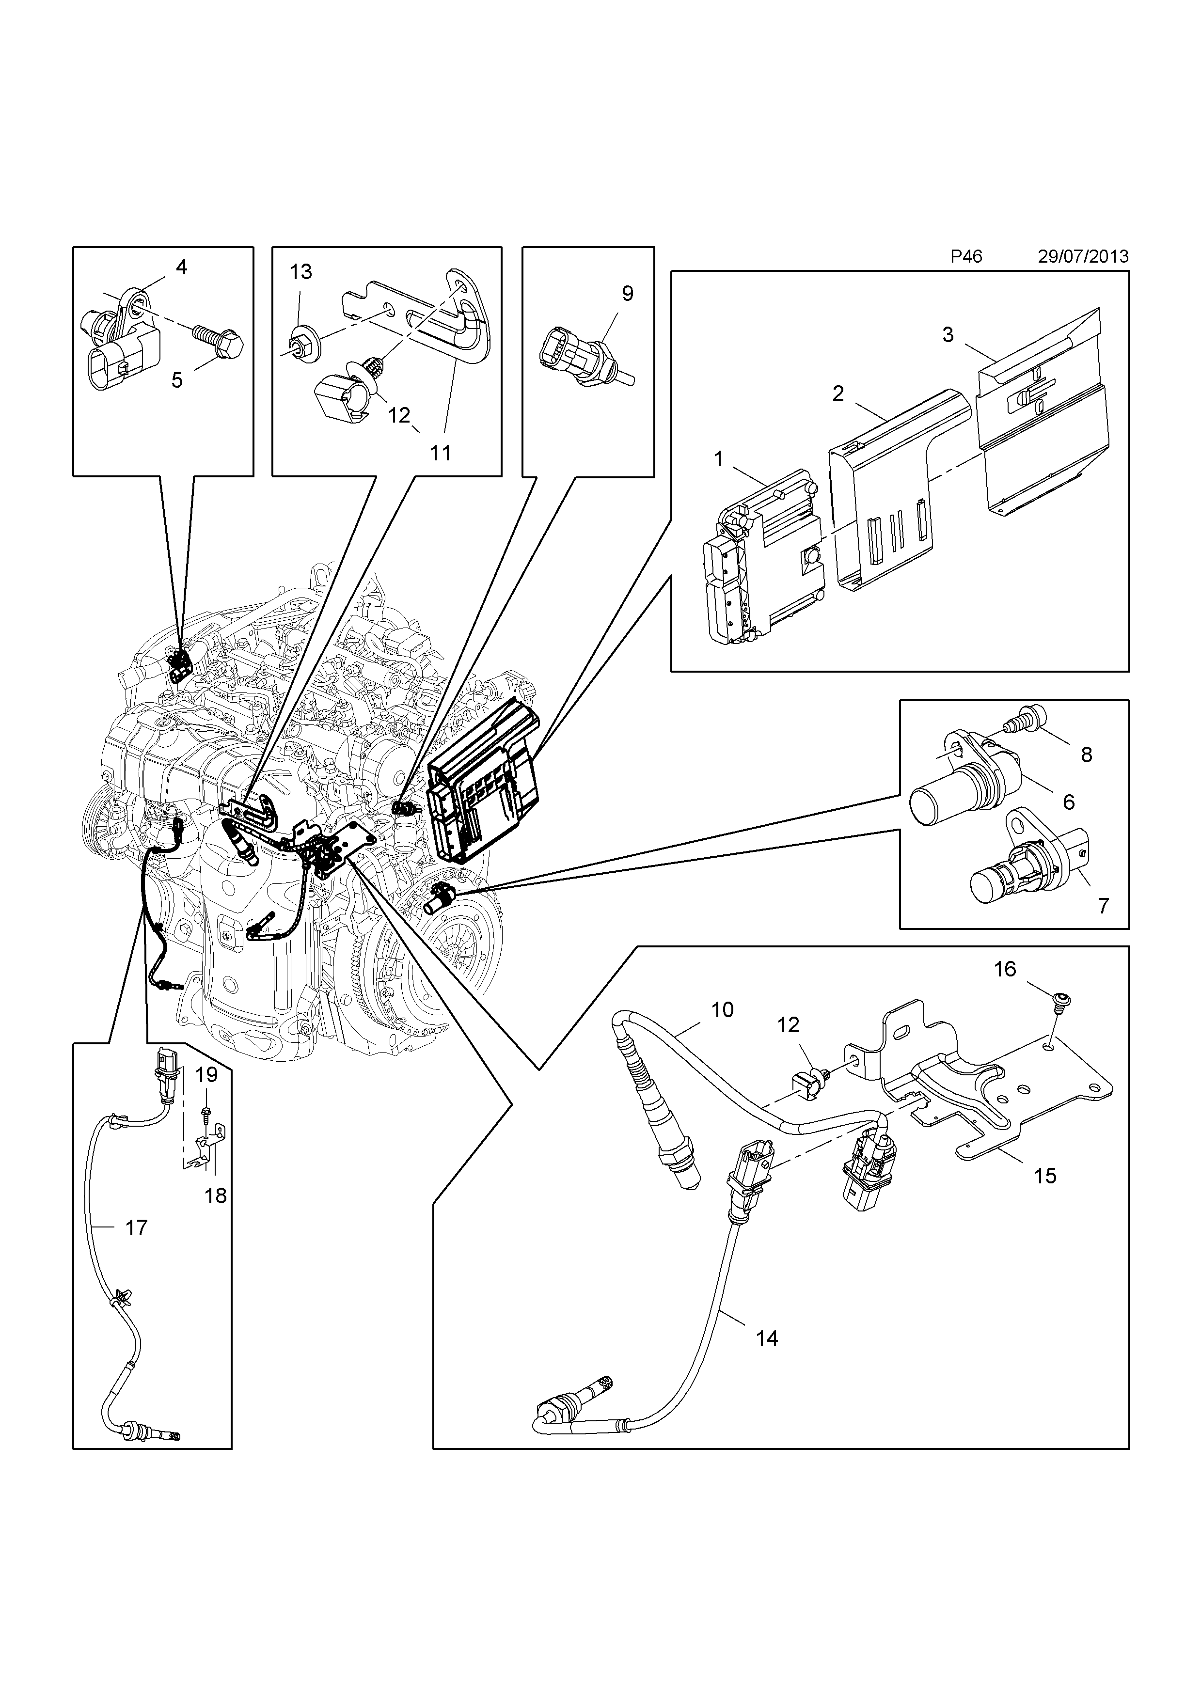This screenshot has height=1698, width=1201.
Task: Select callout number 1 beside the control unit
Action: click(718, 459)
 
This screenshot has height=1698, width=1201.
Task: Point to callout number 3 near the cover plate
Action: click(948, 334)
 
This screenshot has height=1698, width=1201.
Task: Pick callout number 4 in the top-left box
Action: click(181, 267)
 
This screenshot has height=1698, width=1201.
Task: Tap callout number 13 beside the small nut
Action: click(300, 272)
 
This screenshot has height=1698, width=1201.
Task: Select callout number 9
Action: click(627, 294)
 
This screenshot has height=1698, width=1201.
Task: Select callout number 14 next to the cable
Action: click(767, 1337)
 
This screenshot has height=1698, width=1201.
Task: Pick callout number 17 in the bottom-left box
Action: click(136, 1227)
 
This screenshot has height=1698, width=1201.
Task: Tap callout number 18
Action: click(215, 1195)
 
